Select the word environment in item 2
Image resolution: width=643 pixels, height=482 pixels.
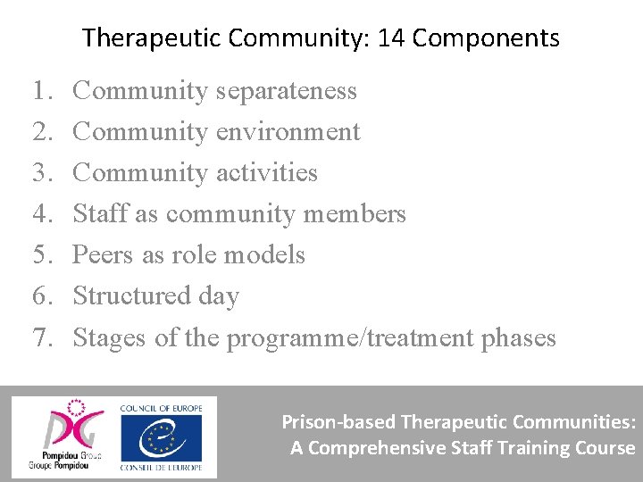[x=288, y=132]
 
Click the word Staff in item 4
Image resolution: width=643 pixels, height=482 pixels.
[x=95, y=214]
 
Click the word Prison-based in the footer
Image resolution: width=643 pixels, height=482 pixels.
[x=339, y=421]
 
